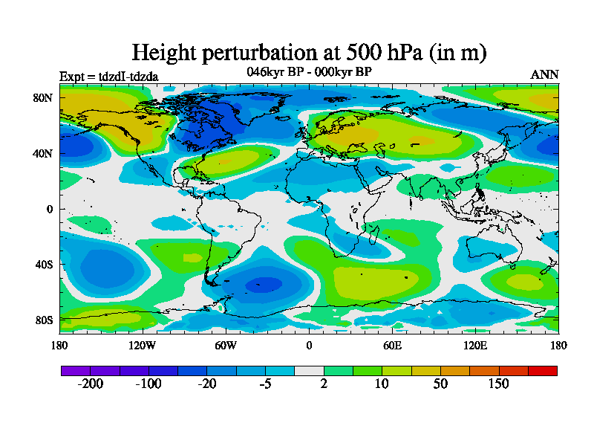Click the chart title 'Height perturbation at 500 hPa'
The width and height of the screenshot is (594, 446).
click(309, 52)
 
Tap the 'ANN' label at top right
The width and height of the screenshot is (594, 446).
click(545, 75)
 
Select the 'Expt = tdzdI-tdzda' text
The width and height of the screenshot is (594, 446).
click(108, 77)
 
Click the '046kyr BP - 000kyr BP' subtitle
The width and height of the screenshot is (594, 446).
click(309, 72)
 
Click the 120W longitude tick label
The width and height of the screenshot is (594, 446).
click(142, 346)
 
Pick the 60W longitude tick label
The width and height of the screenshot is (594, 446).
click(226, 346)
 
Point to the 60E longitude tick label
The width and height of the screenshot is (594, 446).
click(392, 346)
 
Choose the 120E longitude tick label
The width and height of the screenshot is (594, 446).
click(475, 346)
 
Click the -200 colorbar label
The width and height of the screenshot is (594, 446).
click(91, 384)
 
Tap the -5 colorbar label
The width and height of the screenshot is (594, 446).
click(265, 384)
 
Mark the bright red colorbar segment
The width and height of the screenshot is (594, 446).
click(543, 370)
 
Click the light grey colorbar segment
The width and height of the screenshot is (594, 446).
click(309, 370)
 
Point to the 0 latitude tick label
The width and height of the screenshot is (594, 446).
click(50, 209)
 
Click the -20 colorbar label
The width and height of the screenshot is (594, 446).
click(207, 384)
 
